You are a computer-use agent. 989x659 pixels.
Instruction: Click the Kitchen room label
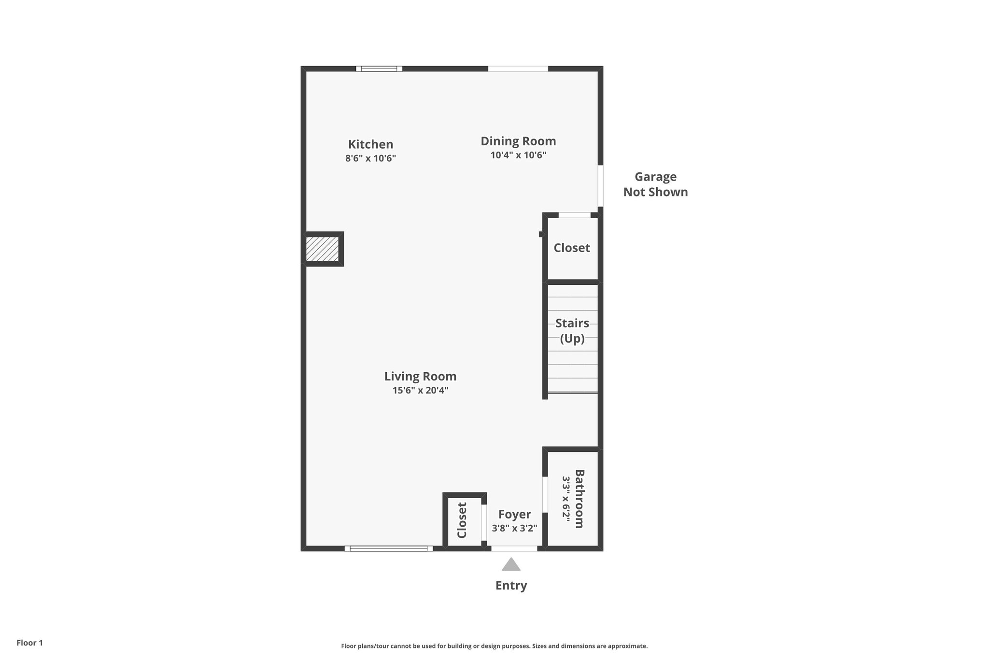click(370, 144)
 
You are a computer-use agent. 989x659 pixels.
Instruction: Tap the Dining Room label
click(518, 141)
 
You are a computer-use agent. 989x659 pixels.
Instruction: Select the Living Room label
click(420, 377)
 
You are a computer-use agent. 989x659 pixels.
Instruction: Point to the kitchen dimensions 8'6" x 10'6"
click(370, 158)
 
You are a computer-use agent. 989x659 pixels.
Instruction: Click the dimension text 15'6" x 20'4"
click(420, 391)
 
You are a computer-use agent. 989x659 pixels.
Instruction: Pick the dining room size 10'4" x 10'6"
click(518, 155)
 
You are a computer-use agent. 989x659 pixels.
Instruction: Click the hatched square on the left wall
click(322, 249)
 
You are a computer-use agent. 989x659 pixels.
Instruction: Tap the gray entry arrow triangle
click(511, 564)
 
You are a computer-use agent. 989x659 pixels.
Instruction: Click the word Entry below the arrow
click(511, 586)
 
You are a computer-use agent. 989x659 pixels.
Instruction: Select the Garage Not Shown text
click(655, 184)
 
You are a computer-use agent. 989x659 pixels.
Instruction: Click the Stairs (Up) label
click(572, 331)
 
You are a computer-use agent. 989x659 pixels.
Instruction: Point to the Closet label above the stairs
click(572, 248)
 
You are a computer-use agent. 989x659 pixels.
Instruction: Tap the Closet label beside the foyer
click(462, 520)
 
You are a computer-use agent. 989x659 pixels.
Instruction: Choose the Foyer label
click(514, 515)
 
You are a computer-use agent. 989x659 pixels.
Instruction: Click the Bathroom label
click(579, 499)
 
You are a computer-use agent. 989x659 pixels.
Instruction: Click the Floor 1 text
click(30, 643)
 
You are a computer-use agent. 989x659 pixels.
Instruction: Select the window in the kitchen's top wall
click(379, 69)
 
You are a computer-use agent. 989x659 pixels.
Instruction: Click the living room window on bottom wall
click(389, 548)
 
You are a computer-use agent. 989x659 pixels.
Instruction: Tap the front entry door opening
click(514, 548)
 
